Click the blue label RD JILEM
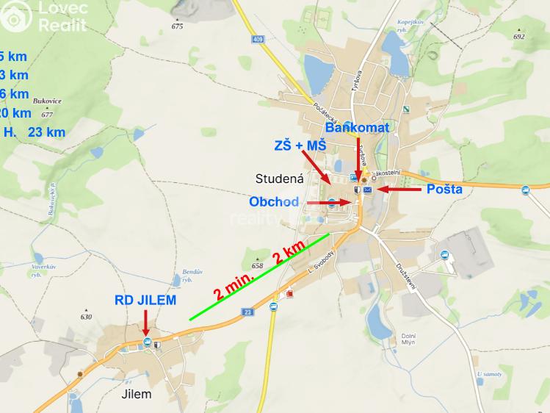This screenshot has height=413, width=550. (x=145, y=300)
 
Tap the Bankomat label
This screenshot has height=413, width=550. (x=357, y=127)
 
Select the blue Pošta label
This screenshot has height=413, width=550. (x=445, y=190)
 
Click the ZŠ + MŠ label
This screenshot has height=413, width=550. (x=300, y=146)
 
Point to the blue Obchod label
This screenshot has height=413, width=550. (x=274, y=201)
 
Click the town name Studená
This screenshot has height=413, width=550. (x=279, y=178)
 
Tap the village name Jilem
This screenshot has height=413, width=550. (x=135, y=394)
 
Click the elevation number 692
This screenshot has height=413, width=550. (x=519, y=36)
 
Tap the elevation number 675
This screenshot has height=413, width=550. (x=177, y=26)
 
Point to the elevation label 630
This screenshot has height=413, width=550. (x=86, y=317)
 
